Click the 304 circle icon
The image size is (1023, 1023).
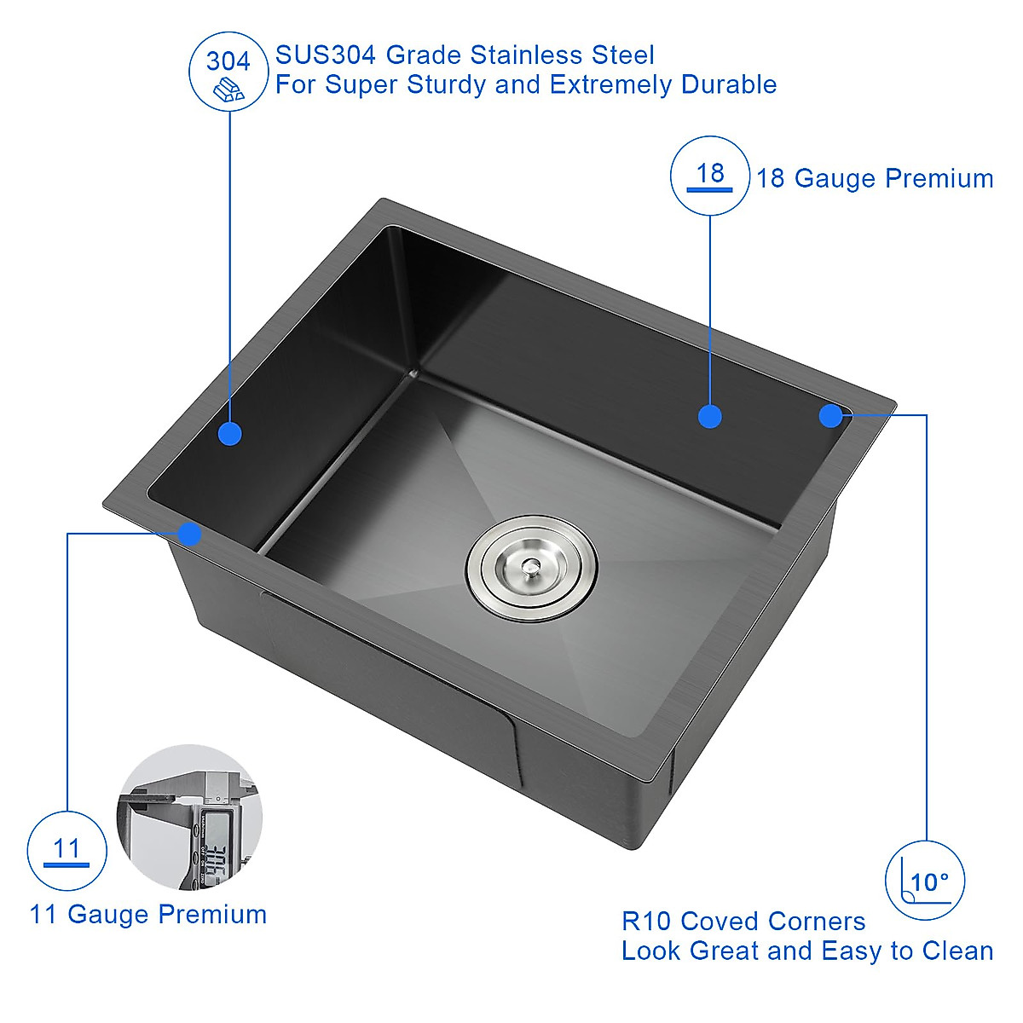pos(228,72)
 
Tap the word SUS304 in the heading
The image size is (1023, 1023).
pos(325,55)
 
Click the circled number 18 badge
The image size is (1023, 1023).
pos(710,176)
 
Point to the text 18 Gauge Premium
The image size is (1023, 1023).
pos(875,178)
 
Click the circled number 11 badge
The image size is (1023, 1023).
pos(66,851)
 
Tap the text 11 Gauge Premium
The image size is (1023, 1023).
pos(148,915)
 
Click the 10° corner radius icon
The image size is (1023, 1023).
pos(926,881)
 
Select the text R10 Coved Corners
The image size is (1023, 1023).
pos(743,922)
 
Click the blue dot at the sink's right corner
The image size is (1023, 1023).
pos(830,415)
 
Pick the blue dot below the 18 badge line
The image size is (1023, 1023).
pos(709,416)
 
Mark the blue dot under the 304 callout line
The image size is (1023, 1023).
pos(229,433)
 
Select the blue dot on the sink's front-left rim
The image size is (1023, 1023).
pos(189,535)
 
